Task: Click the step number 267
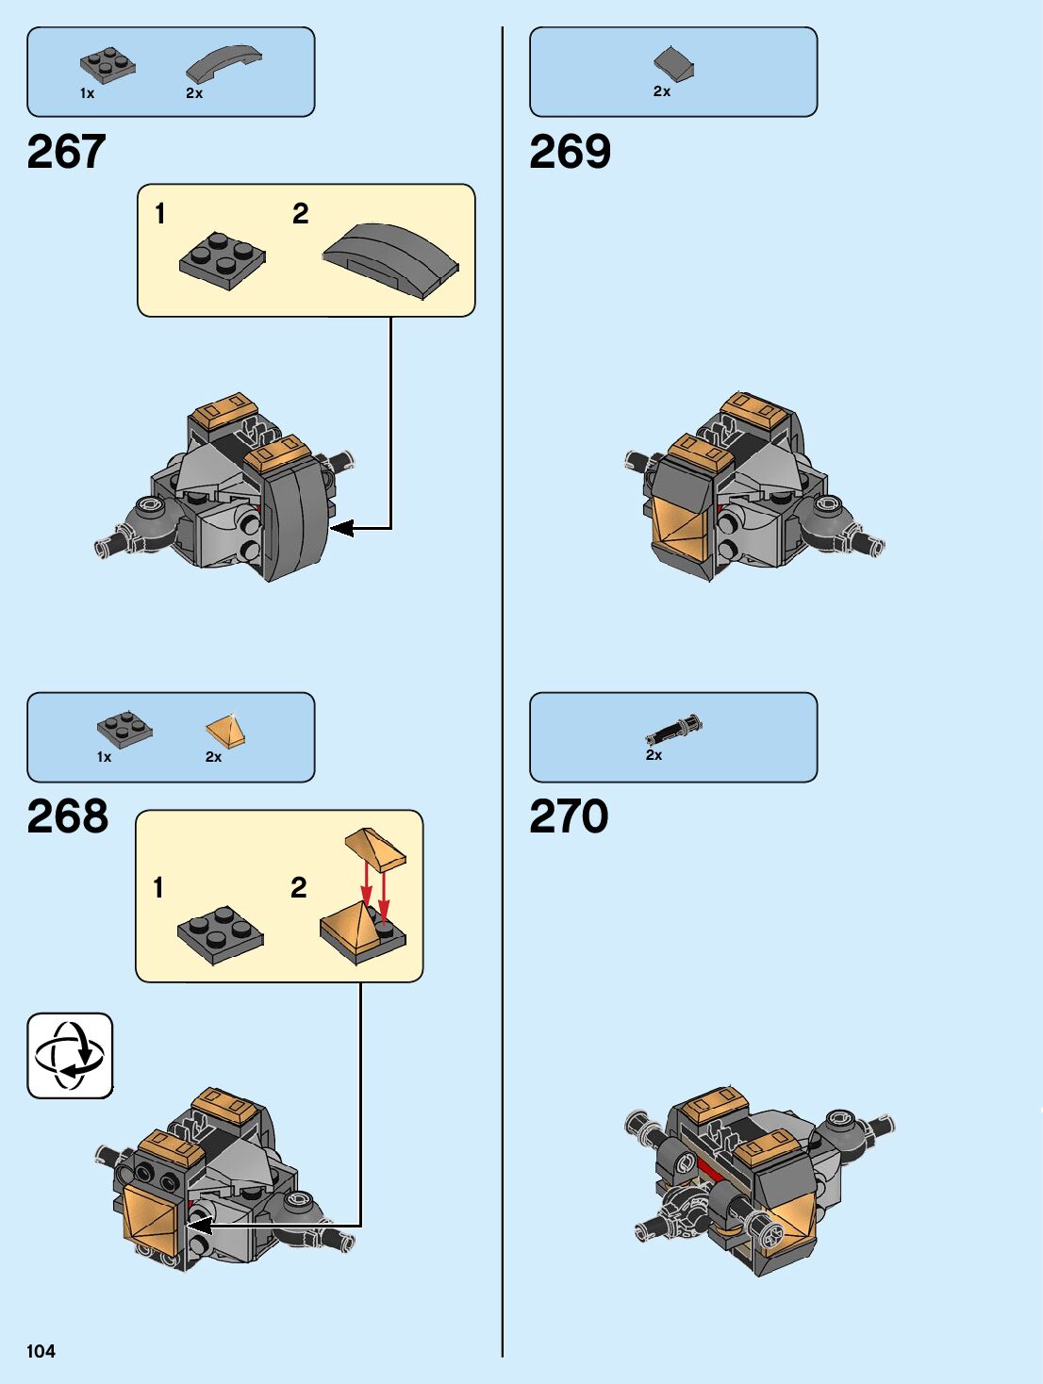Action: pyautogui.click(x=66, y=152)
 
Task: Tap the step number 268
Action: pyautogui.click(x=67, y=816)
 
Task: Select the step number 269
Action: pyautogui.click(x=570, y=152)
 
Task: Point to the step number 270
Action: pyautogui.click(x=569, y=816)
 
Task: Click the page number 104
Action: pyautogui.click(x=41, y=1351)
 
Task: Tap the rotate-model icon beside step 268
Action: pyautogui.click(x=70, y=1055)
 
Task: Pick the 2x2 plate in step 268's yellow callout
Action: pyautogui.click(x=220, y=933)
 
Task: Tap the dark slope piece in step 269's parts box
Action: pyautogui.click(x=673, y=64)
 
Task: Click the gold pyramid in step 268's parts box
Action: pyautogui.click(x=225, y=732)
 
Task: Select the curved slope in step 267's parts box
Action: pyautogui.click(x=223, y=63)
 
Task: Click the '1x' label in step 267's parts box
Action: pyautogui.click(x=87, y=93)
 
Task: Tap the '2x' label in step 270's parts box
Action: pyautogui.click(x=654, y=755)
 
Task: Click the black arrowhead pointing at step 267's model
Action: pyautogui.click(x=340, y=528)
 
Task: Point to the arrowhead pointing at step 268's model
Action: pyautogui.click(x=199, y=1225)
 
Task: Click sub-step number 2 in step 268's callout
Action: pyautogui.click(x=299, y=887)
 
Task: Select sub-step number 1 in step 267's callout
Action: pyautogui.click(x=160, y=214)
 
